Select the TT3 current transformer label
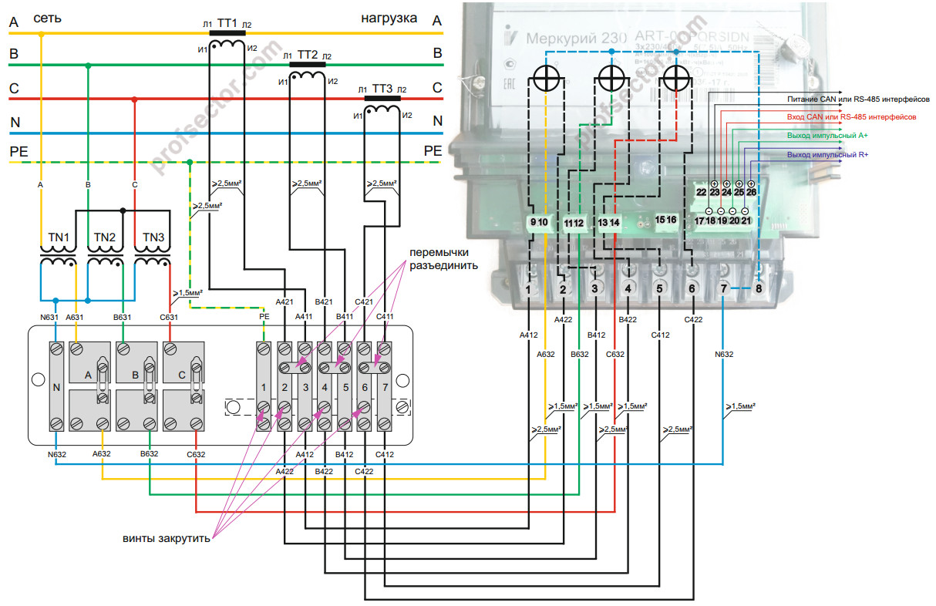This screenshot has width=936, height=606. [x=382, y=89]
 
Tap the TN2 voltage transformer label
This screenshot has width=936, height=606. [x=105, y=237]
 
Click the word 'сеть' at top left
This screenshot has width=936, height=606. [x=49, y=18]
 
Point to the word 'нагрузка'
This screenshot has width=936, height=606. [x=389, y=18]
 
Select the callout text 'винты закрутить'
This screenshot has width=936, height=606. [x=166, y=538]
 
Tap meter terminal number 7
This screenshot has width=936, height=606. [x=722, y=289]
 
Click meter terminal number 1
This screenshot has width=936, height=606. [x=528, y=289]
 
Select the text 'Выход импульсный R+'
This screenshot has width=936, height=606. [x=827, y=155]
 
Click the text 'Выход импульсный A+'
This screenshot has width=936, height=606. [x=827, y=136]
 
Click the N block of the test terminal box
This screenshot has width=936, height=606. [x=56, y=387]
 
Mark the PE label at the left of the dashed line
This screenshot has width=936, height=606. [x=19, y=151]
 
